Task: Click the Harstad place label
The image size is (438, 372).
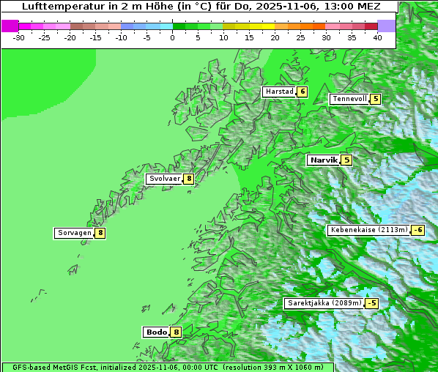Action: [279, 92]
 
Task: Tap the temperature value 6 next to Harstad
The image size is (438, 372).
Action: [302, 92]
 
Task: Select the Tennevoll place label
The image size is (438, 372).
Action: [349, 99]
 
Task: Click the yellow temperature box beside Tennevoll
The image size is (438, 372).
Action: [376, 99]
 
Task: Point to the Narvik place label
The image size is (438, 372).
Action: [323, 160]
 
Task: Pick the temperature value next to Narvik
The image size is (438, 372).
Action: [346, 160]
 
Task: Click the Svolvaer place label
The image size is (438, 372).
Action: [165, 179]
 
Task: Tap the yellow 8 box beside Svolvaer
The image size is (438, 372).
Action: [189, 179]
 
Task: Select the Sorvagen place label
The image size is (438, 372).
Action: [74, 233]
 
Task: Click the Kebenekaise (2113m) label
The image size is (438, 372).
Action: [368, 230]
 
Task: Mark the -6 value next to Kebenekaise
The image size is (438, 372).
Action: [417, 230]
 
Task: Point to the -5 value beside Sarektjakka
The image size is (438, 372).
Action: [372, 303]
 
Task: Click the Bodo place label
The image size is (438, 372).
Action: [156, 332]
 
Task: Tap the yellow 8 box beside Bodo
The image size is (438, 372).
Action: [176, 332]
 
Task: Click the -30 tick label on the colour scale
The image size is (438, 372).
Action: [19, 37]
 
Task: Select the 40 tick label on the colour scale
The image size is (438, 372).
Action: [377, 37]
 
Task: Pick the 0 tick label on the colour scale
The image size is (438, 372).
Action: [173, 37]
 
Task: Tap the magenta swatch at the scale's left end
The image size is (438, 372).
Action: [10, 26]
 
